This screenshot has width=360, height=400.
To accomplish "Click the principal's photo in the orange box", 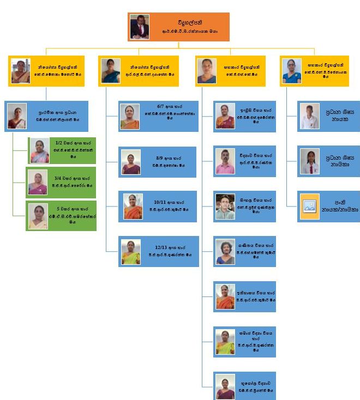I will coord(140,27).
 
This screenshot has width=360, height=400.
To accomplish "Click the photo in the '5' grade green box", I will coord(38,216).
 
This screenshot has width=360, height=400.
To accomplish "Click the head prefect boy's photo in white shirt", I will coord(310,116).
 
